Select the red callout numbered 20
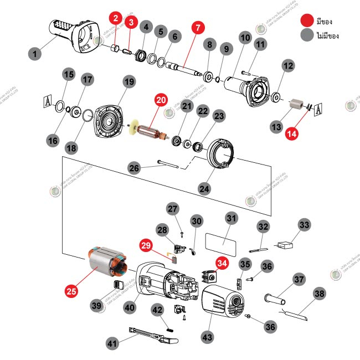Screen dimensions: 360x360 [x=161, y=101]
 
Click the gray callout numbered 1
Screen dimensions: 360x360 [x=35, y=54]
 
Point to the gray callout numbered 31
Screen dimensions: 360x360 [x=231, y=218]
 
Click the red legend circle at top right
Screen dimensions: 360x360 [x=306, y=21]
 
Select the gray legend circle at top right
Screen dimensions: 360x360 [x=306, y=35]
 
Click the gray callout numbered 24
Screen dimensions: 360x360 [x=205, y=188]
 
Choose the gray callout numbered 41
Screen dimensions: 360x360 [x=112, y=343]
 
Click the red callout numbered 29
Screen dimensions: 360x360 [x=146, y=245]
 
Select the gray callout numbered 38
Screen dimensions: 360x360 [x=320, y=293]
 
